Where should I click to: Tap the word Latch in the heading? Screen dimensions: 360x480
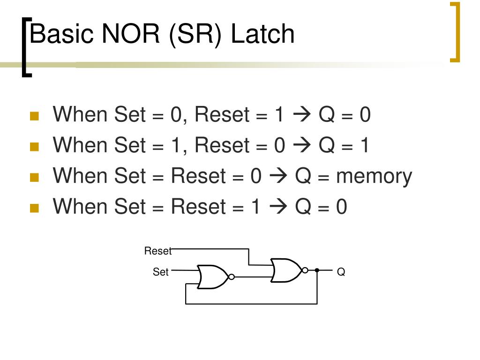pos(262,35)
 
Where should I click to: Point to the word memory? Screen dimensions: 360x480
pos(374,176)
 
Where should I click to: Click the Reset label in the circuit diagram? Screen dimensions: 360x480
pos(158,251)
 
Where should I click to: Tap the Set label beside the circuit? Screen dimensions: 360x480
pos(160,272)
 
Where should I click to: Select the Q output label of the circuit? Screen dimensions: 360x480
pos(341,272)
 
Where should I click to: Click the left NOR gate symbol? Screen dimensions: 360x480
pos(212,277)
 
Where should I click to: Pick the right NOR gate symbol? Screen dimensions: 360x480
pos(286,270)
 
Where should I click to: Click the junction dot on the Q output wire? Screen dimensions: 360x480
pos(317,270)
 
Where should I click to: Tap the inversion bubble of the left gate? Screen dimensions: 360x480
pos(231,277)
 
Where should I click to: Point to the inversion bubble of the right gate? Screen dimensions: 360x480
pos(305,270)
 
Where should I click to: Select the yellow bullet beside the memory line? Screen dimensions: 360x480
pos(33,178)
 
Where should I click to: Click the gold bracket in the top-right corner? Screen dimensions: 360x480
pos(455,32)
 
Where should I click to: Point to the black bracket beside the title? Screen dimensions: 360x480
pos(26,47)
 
